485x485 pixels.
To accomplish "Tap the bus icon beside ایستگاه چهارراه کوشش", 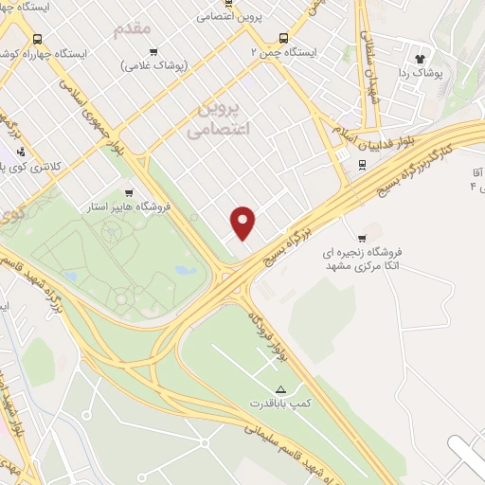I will pyautogui.click(x=37, y=39).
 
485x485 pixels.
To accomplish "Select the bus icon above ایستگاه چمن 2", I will pyautogui.click(x=283, y=38).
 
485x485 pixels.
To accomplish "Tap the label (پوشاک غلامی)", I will pyautogui.click(x=154, y=65).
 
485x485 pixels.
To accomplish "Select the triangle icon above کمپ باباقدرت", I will pyautogui.click(x=279, y=389).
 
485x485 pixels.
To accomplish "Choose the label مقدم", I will pyautogui.click(x=133, y=28).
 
